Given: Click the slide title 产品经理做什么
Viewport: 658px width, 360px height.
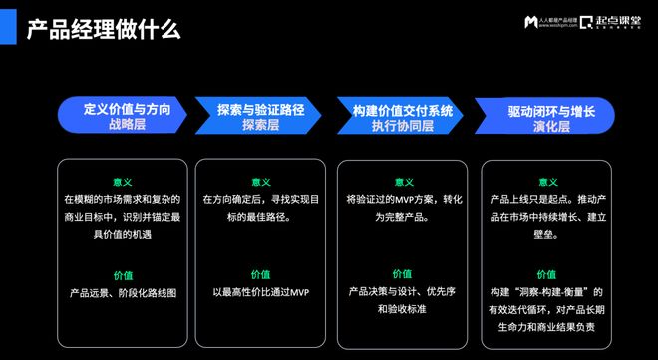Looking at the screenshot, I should pyautogui.click(x=104, y=28).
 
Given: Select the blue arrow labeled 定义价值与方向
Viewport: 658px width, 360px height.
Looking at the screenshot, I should pyautogui.click(x=123, y=115).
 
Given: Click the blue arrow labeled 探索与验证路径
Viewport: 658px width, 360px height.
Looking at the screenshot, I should pyautogui.click(x=262, y=115).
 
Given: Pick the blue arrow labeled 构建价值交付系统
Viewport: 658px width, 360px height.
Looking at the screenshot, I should pyautogui.click(x=402, y=115).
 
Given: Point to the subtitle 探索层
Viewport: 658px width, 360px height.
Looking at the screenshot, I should pyautogui.click(x=261, y=126).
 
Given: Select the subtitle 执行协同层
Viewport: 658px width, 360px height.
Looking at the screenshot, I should pyautogui.click(x=402, y=126).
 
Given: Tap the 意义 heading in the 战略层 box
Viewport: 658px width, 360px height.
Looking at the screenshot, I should pyautogui.click(x=123, y=182).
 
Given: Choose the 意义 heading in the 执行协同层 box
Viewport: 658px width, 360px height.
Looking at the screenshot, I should pyautogui.click(x=402, y=182).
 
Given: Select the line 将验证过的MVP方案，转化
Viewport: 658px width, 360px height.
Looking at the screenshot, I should pyautogui.click(x=402, y=200).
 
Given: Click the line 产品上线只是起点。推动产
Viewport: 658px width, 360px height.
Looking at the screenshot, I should pyautogui.click(x=547, y=200).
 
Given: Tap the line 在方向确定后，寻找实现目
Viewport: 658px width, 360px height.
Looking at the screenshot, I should pyautogui.click(x=261, y=200).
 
